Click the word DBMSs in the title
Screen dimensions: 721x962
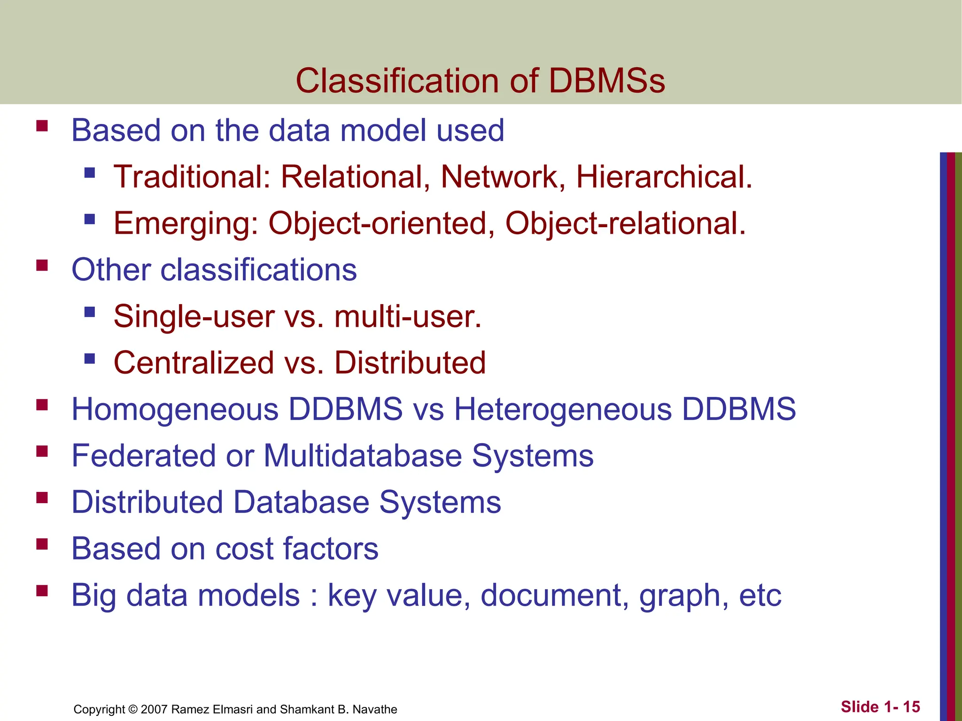point(606,81)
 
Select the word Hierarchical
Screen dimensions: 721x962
point(664,177)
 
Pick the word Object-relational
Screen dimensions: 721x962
point(625,223)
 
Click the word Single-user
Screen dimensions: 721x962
point(194,316)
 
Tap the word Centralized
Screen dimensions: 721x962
point(194,363)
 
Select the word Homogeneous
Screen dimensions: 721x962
point(175,409)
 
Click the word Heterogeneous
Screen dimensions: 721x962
point(563,409)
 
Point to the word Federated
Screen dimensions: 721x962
point(144,456)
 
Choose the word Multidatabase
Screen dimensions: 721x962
point(363,456)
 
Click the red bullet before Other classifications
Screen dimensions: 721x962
point(42,266)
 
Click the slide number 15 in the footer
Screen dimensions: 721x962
point(911,707)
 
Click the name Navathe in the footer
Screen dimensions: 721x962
point(374,709)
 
